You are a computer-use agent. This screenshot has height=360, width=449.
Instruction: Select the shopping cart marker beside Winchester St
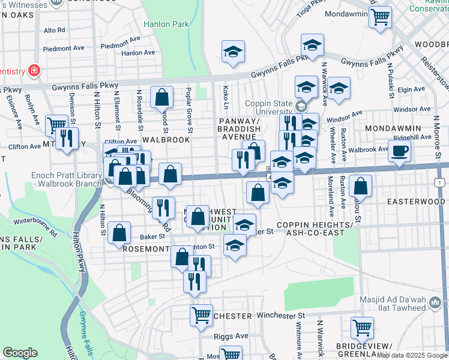[201, 315]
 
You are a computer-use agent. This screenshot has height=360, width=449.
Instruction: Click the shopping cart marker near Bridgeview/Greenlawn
[362, 328]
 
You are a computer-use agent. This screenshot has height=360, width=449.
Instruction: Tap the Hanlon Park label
[166, 25]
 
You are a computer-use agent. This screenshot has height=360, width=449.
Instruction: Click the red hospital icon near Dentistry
[34, 71]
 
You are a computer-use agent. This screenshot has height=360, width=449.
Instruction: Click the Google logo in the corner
[20, 353]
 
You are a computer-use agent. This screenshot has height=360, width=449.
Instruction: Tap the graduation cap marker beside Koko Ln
[233, 52]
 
